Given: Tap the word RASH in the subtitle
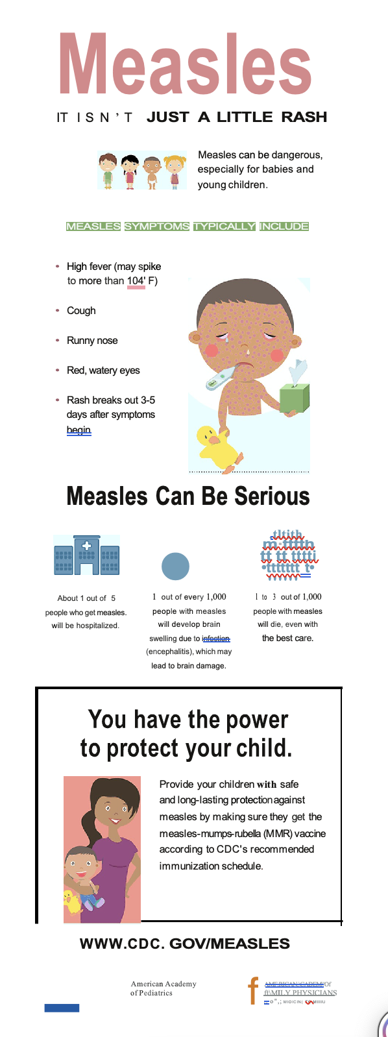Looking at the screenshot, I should point(304,117).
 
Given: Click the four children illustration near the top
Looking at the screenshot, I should point(141,170).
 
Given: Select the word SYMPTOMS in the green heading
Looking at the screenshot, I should point(157,226).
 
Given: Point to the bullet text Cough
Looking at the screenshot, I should point(81,311).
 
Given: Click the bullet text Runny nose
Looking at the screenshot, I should point(92,341).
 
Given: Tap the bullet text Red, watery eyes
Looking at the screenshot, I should point(103,371).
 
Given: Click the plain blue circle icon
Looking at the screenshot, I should point(175,566).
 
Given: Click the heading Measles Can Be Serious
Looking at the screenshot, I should point(188,496).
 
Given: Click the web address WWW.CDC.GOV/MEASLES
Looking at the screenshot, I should point(185,944).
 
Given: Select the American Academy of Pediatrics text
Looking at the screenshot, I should point(163,988).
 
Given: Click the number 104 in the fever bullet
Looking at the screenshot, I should point(136,281).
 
